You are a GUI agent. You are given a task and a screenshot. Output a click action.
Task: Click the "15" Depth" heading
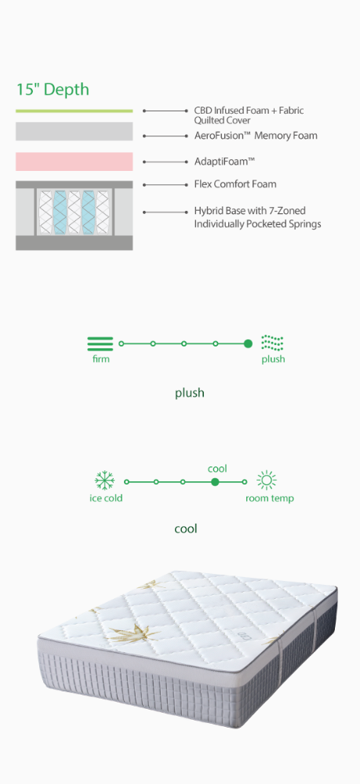tap(53, 89)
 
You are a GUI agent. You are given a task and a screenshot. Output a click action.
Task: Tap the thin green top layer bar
tap(74, 111)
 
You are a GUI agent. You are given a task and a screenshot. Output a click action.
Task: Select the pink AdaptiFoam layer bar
tap(74, 162)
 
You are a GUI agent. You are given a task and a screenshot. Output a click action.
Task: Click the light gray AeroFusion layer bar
tap(74, 132)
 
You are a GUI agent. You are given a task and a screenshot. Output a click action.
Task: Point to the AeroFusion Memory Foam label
tap(256, 136)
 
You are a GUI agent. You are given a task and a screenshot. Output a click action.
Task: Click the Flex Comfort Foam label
tap(235, 184)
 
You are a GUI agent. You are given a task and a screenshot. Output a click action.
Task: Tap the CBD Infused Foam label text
tap(249, 115)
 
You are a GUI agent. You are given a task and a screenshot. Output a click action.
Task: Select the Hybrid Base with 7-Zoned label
tap(257, 217)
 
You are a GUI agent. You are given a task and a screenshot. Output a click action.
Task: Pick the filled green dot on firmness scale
tap(248, 343)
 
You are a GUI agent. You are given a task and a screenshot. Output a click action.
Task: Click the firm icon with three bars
tap(100, 343)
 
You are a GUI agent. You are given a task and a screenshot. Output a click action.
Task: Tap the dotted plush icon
tap(272, 343)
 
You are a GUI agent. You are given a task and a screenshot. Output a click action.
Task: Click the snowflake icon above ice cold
tap(104, 481)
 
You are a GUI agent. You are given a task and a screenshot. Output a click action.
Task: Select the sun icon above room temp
tap(267, 481)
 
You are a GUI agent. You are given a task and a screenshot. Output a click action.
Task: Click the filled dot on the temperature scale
tap(215, 482)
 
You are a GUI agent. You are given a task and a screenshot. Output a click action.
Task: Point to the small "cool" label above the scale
tap(217, 469)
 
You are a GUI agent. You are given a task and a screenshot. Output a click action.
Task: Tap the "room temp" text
tap(270, 499)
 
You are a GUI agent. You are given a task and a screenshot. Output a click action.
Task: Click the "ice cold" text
tap(106, 498)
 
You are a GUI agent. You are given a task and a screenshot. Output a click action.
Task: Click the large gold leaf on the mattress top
tap(131, 634)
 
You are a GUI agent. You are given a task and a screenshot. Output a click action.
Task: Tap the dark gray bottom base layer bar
tap(74, 243)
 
